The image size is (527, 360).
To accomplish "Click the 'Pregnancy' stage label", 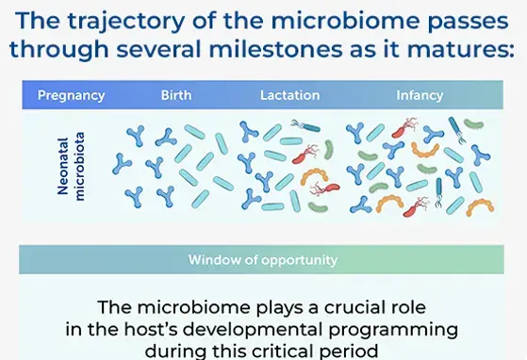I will coord(71,95).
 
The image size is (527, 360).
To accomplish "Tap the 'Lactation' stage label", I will coord(289,95).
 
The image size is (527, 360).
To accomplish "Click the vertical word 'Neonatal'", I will coord(63,170).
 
